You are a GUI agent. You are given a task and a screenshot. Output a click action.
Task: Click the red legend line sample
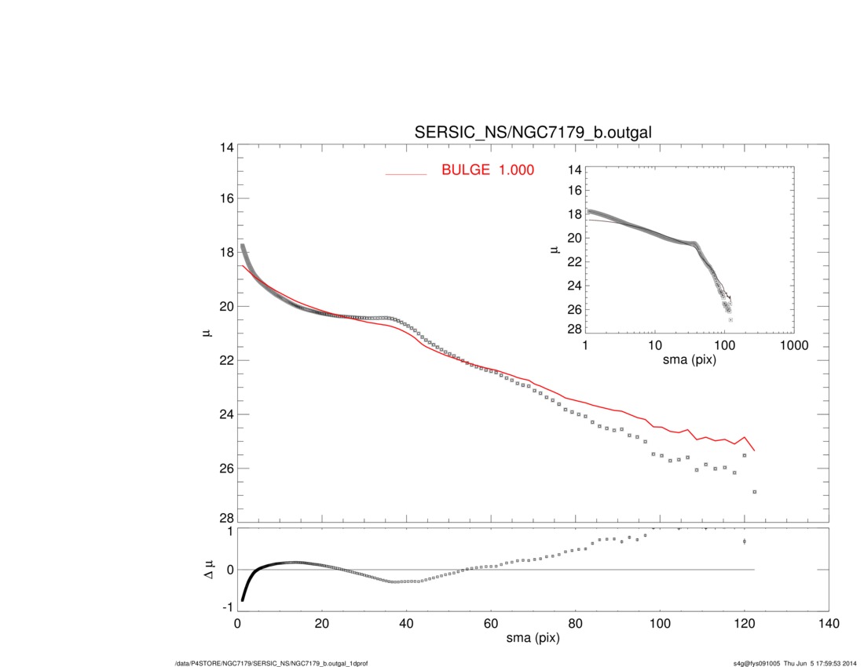[405, 173]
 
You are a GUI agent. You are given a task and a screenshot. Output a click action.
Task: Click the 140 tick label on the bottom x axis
[829, 624]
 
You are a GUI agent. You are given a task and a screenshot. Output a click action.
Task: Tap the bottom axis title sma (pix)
[533, 640]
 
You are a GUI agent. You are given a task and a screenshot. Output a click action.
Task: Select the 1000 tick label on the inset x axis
[793, 346]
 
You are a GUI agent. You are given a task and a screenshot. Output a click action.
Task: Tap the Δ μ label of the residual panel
[208, 570]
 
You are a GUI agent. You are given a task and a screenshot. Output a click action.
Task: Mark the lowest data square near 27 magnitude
[755, 492]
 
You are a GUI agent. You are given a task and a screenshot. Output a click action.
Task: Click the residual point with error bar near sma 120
[744, 541]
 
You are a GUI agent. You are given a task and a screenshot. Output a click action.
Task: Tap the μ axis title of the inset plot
[555, 250]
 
